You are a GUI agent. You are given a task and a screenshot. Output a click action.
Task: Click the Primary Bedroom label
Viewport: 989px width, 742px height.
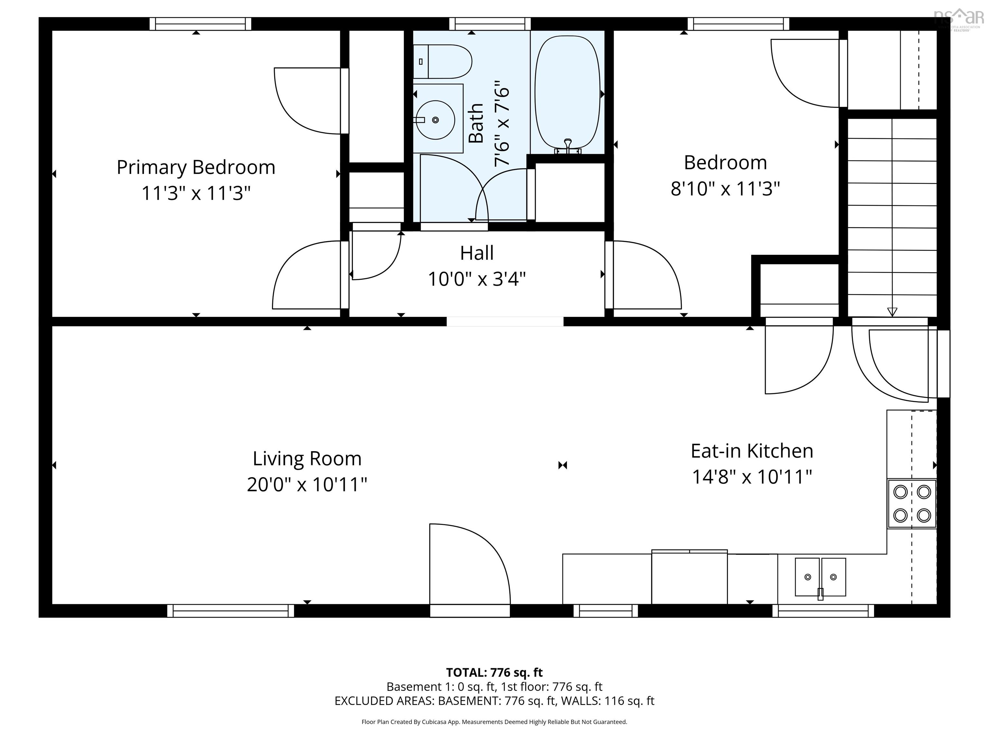click(196, 167)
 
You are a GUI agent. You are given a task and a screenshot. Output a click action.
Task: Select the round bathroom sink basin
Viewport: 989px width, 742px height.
click(436, 120)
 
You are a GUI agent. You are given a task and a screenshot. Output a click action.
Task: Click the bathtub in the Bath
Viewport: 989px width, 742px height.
click(567, 92)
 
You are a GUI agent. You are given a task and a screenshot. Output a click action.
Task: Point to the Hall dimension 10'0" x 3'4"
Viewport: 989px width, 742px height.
click(476, 280)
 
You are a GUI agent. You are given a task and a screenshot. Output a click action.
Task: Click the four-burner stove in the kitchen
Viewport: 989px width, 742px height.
click(912, 504)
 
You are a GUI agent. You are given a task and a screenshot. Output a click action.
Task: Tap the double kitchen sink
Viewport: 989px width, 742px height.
click(820, 577)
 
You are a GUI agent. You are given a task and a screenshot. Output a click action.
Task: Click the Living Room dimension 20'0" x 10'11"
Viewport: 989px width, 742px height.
click(307, 485)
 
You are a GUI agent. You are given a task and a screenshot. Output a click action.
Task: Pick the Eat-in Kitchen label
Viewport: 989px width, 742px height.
click(752, 451)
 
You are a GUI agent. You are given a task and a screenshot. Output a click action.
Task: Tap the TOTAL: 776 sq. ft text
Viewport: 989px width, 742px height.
click(494, 672)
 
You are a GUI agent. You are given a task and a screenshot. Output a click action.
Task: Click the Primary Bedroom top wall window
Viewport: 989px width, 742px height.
click(200, 24)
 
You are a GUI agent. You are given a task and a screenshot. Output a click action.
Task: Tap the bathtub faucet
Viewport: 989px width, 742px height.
click(568, 145)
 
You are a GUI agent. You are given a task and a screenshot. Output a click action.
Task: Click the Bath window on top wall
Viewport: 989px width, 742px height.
click(490, 24)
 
